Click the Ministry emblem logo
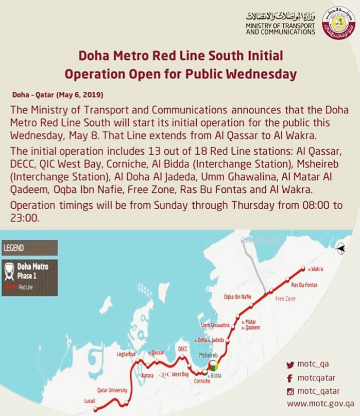(x=338, y=23)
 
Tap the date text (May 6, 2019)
(x=58, y=95)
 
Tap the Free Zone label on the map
(x=286, y=298)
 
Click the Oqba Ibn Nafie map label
(x=237, y=296)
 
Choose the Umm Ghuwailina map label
(x=215, y=325)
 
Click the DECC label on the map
(x=183, y=349)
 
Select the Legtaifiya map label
(x=126, y=355)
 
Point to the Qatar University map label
(x=112, y=390)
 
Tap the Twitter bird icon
(x=290, y=365)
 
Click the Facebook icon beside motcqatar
(x=290, y=378)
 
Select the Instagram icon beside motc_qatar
(x=290, y=391)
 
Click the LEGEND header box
(x=29, y=248)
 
